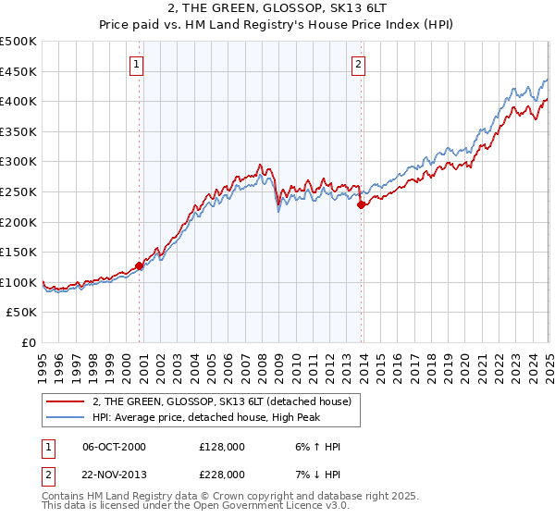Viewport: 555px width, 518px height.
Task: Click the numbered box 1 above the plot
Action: [x=136, y=64]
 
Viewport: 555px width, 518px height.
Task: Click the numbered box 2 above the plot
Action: [x=358, y=64]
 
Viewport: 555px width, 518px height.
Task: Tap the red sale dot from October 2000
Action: [x=140, y=265]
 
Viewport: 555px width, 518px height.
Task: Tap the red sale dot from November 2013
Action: [x=362, y=205]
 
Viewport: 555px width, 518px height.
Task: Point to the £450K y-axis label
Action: [x=18, y=71]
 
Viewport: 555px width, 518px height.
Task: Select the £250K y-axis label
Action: [x=18, y=191]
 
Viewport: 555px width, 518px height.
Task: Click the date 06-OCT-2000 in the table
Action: [x=114, y=447]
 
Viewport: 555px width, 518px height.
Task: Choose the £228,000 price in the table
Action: [x=222, y=474]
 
